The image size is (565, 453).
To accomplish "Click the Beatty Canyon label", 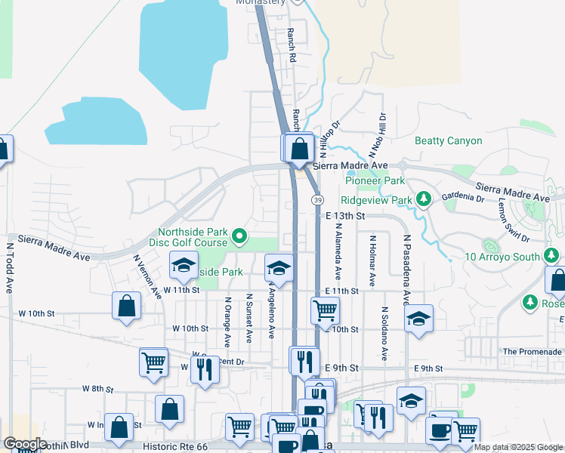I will click(x=448, y=140).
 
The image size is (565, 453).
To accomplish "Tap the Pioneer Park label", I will click(x=375, y=180).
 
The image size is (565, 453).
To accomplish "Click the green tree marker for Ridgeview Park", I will click(x=424, y=199).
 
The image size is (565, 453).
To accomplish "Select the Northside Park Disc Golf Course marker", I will click(x=239, y=237).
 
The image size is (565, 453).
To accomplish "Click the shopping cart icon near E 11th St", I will click(x=325, y=310).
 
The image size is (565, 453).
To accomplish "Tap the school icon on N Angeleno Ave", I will click(x=279, y=268).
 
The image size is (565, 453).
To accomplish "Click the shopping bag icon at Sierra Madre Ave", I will click(x=300, y=147).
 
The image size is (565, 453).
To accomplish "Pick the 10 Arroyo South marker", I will click(x=489, y=246).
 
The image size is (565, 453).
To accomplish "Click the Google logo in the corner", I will click(x=25, y=443).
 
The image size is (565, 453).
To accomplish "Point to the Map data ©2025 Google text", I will click(x=518, y=447).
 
